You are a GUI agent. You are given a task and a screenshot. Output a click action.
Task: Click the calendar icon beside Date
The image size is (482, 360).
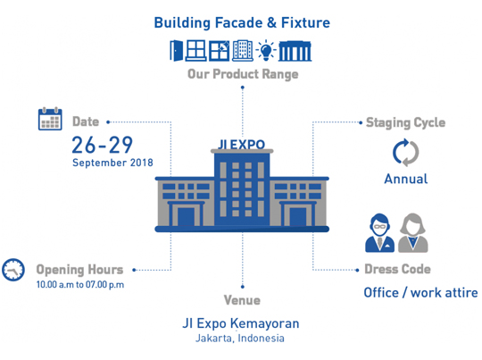[x=50, y=119]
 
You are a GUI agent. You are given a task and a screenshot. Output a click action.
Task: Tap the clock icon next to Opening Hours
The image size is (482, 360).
[x=13, y=270]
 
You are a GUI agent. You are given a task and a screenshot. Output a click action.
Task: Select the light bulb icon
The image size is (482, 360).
[x=266, y=50]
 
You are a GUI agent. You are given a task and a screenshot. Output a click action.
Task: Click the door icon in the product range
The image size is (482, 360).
[x=177, y=50]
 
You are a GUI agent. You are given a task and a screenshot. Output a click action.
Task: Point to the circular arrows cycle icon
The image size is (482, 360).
[x=406, y=153]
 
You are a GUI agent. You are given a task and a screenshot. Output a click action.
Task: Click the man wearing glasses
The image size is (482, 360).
[x=379, y=233]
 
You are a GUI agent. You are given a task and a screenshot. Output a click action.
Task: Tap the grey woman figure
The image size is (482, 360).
[x=413, y=233]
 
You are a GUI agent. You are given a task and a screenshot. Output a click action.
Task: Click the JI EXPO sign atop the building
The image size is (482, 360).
[x=242, y=145]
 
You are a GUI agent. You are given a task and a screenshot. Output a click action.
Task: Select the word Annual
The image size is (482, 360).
[x=406, y=179]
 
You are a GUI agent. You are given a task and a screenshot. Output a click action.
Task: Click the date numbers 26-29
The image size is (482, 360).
[x=103, y=145]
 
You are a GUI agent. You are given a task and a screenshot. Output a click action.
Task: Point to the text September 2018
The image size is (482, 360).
[x=112, y=163]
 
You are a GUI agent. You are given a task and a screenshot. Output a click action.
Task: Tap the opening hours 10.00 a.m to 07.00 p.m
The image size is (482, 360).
[x=80, y=285]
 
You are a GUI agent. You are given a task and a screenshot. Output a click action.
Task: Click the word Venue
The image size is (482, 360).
[x=242, y=300]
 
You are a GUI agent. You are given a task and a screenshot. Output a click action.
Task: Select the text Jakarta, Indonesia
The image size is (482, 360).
[x=240, y=339]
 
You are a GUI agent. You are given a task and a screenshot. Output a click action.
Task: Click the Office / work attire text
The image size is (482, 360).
[x=420, y=293]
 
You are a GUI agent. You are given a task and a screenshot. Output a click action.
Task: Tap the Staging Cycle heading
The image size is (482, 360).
[x=406, y=122]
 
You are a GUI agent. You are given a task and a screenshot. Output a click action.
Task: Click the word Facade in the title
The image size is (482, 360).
[x=238, y=22]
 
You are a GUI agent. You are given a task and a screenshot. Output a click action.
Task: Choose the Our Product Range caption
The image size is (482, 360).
[x=243, y=74]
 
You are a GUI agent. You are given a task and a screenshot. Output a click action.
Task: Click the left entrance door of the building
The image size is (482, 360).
[x=187, y=216]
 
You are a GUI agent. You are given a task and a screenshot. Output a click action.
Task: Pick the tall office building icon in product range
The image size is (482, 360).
[x=243, y=50]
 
